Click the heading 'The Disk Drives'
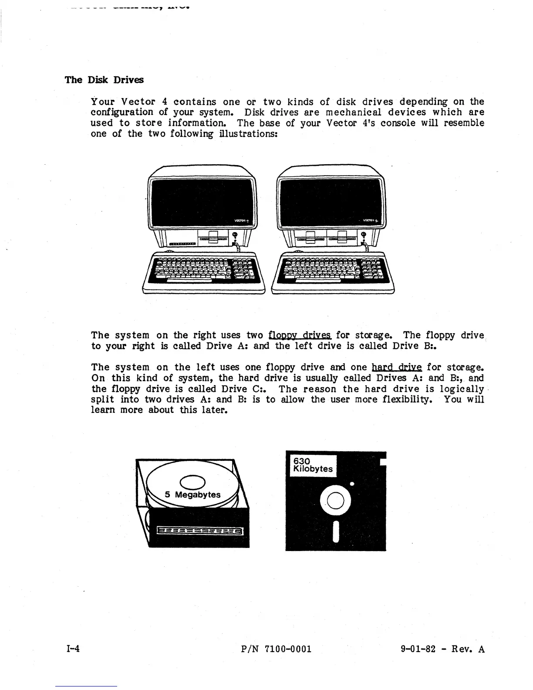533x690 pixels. point(104,80)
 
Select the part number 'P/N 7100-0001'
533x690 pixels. point(276,649)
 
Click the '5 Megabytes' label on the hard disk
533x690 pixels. point(192,495)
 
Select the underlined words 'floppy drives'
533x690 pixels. point(300,335)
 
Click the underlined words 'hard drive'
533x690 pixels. point(396,367)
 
